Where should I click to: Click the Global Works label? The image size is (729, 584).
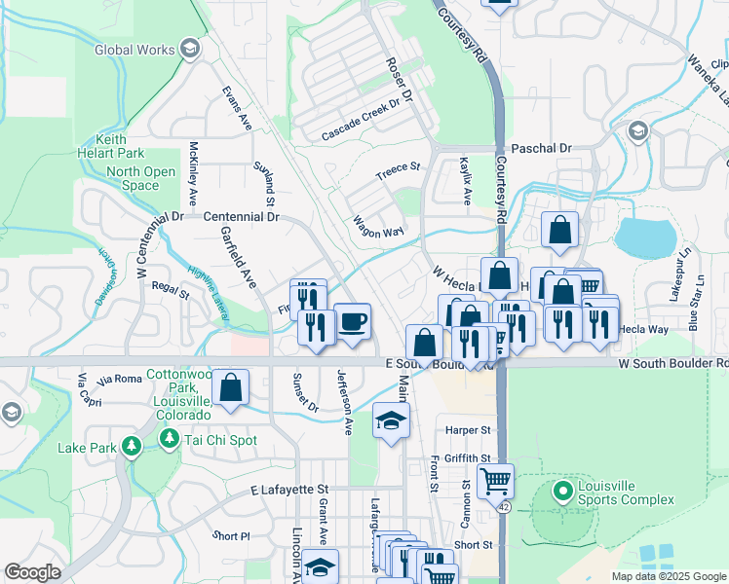click(134, 50)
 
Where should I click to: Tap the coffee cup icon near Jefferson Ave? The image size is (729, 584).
click(352, 321)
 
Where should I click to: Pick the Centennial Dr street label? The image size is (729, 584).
click(241, 217)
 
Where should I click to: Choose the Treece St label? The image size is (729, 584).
click(398, 172)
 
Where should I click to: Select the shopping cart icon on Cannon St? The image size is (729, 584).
click(494, 479)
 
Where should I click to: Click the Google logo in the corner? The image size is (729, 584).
click(32, 572)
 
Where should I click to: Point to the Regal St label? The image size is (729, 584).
click(170, 289)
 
